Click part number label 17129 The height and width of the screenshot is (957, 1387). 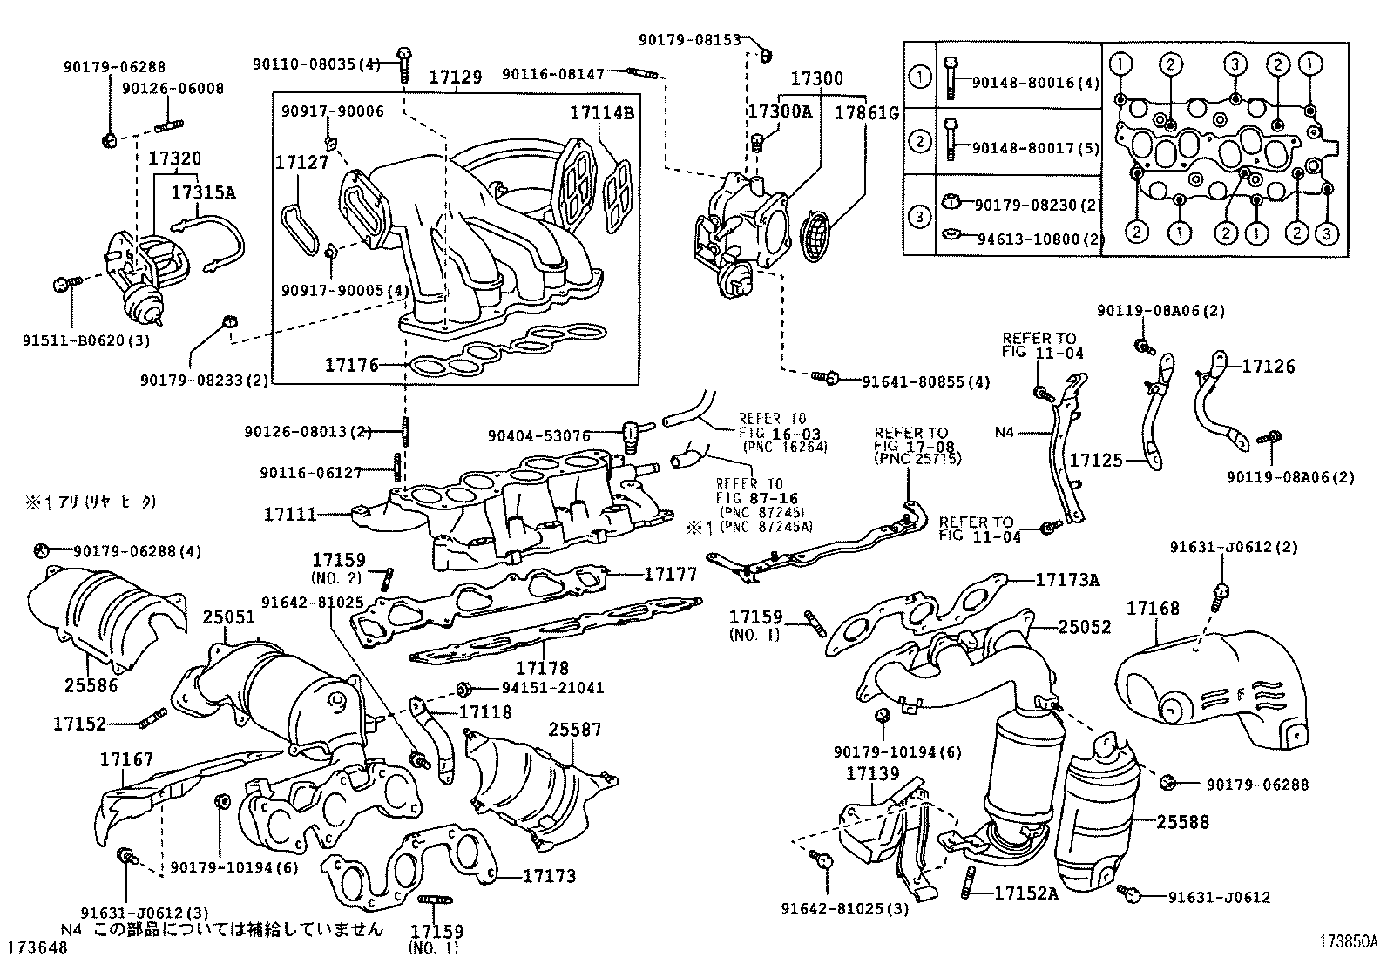click(455, 78)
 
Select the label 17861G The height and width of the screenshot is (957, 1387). click(866, 113)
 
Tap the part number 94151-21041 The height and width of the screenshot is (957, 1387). click(552, 687)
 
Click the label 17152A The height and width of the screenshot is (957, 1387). click(1025, 893)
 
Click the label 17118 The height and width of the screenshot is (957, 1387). click(485, 712)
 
